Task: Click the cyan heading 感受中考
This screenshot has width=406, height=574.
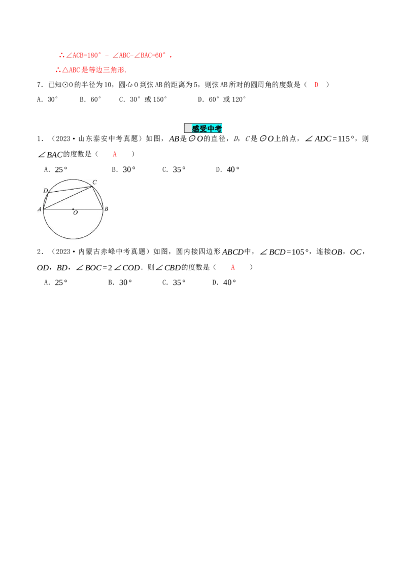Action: (x=207, y=128)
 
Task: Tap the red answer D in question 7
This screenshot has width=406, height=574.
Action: (x=316, y=85)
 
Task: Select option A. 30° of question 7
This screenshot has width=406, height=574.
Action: (x=48, y=99)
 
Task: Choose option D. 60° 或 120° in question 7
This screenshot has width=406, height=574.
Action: (x=222, y=99)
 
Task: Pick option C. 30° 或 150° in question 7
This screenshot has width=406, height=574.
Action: (x=143, y=99)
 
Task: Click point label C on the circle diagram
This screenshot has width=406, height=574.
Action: (x=94, y=182)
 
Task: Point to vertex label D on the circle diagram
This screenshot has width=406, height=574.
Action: (x=46, y=190)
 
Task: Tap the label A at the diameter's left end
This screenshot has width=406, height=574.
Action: (x=40, y=209)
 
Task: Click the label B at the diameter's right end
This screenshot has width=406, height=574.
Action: (x=106, y=209)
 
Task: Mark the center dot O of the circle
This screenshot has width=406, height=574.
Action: (x=73, y=209)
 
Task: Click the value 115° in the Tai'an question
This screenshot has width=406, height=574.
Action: (x=346, y=139)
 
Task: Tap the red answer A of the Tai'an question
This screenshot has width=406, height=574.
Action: (x=115, y=155)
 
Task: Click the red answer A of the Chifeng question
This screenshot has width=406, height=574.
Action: (x=232, y=268)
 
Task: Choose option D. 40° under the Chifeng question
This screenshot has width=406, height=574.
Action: (x=224, y=282)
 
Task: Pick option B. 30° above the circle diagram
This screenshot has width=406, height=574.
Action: (x=124, y=170)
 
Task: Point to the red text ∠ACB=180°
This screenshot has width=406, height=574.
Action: (x=84, y=56)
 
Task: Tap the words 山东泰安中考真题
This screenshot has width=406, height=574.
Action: (x=108, y=139)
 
